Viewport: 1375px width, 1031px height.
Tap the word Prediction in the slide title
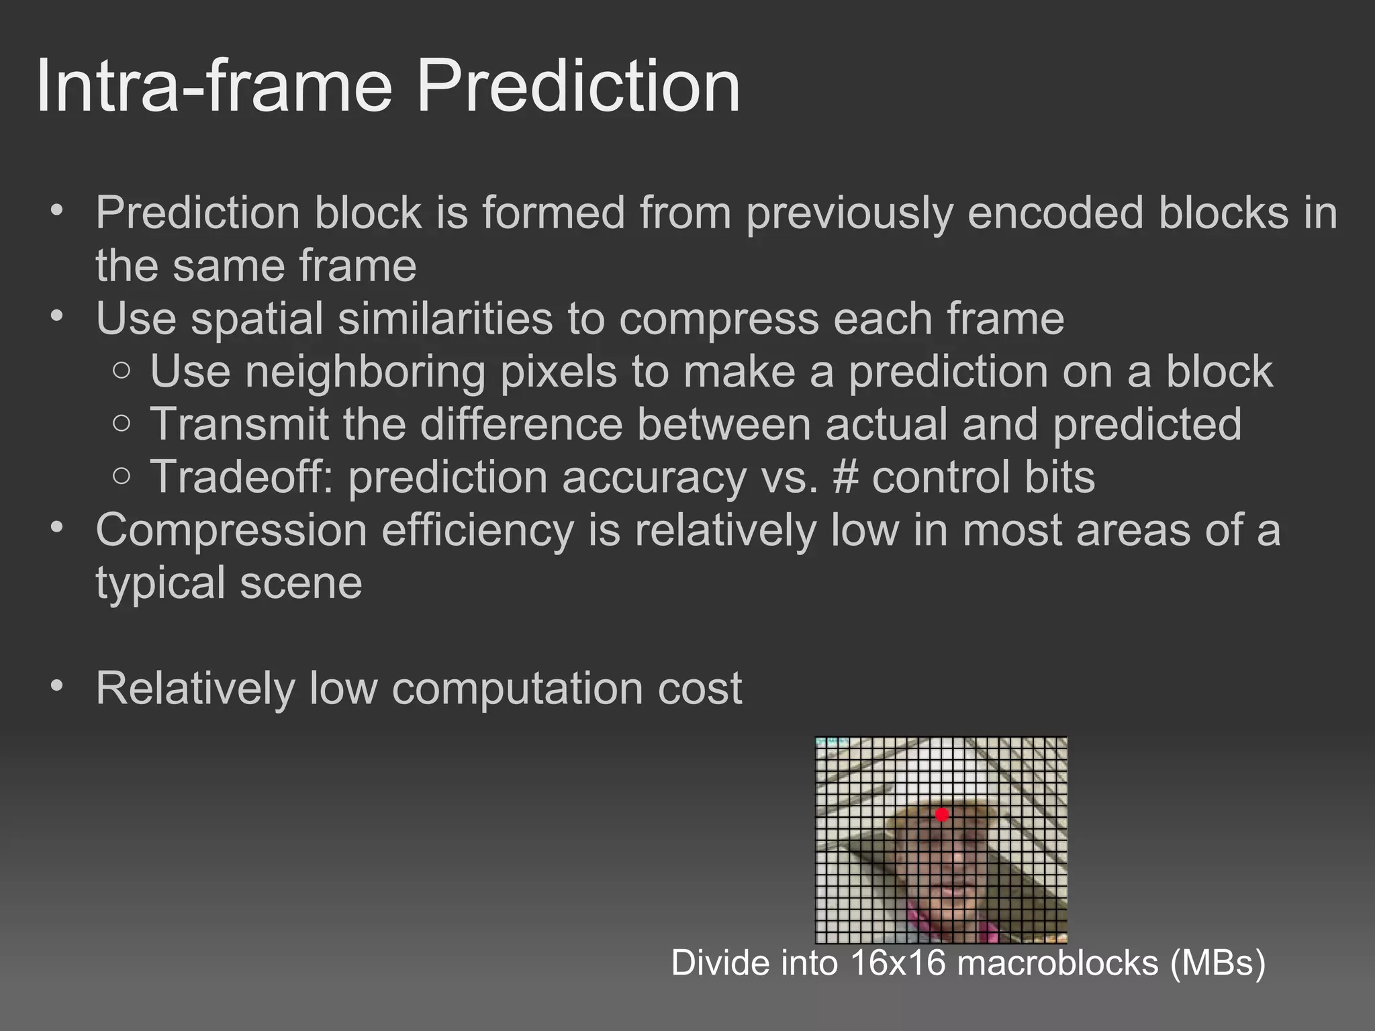click(x=579, y=86)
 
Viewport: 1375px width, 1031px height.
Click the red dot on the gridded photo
click(x=942, y=814)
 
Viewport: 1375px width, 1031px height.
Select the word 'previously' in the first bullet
click(x=850, y=213)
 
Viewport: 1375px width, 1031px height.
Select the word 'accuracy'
click(x=655, y=478)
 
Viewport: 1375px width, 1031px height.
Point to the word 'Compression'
click(x=232, y=530)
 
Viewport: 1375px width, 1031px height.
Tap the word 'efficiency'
click(x=478, y=530)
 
